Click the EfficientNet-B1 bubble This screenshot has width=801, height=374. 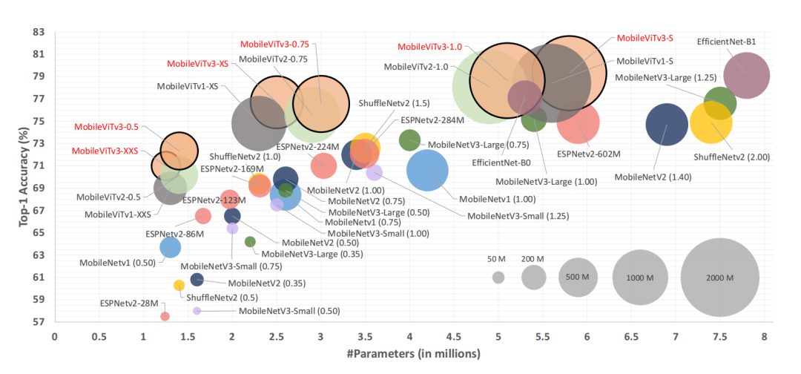click(746, 76)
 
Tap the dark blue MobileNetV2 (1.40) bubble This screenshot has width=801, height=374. click(667, 125)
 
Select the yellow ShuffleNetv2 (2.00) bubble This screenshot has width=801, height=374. click(711, 124)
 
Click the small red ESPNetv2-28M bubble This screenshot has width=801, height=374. click(165, 316)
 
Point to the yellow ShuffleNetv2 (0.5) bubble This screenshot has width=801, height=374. click(179, 285)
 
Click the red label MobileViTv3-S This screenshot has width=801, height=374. click(645, 38)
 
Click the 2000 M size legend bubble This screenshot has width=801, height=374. click(719, 278)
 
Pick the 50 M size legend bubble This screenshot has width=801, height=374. click(498, 278)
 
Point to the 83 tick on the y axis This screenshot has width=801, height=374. click(39, 33)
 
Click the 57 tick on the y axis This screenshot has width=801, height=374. click(39, 322)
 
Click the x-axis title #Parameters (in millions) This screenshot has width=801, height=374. click(409, 355)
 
